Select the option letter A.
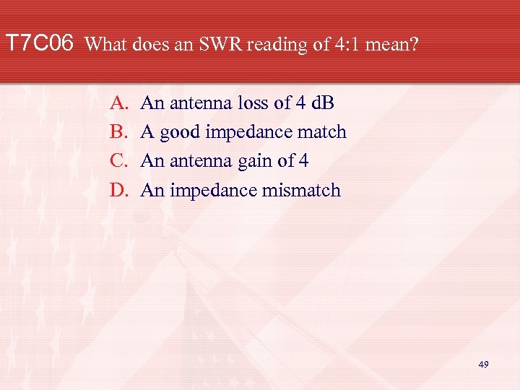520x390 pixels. click(x=118, y=103)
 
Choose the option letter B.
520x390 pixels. click(x=118, y=132)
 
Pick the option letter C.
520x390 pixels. click(x=118, y=161)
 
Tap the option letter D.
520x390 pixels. click(x=118, y=191)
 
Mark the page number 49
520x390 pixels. click(x=483, y=365)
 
